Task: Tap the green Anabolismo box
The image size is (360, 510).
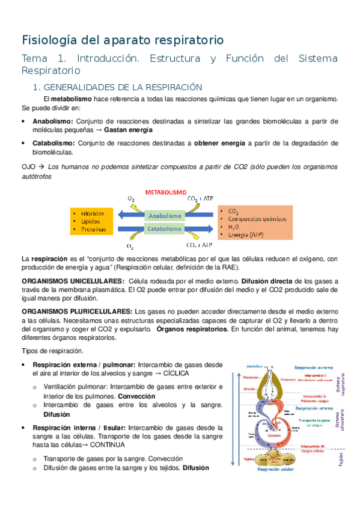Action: point(165,215)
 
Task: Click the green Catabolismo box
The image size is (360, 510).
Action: point(165,229)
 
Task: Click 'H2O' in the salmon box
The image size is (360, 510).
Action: point(233,227)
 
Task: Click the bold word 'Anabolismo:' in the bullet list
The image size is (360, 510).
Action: point(53,121)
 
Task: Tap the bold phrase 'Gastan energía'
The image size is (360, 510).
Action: point(128,129)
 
